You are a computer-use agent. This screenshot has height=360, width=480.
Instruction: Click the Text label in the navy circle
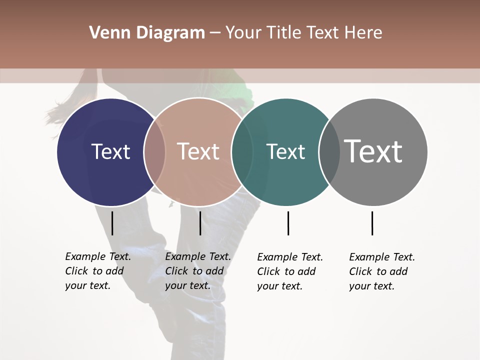click(110, 152)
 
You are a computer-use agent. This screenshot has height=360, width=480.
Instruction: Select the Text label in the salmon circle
click(198, 152)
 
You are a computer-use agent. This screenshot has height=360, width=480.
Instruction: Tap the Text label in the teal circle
click(285, 152)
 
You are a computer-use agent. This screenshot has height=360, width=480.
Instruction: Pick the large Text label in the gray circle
click(373, 151)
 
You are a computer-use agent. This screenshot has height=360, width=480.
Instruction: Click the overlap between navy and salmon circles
click(154, 152)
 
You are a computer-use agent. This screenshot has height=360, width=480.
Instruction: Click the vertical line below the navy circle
click(112, 223)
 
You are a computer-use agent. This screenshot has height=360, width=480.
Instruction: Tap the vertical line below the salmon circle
click(200, 223)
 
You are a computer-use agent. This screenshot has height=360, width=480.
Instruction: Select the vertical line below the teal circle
click(288, 223)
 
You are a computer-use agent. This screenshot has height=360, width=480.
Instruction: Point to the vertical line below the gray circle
click(372, 223)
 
